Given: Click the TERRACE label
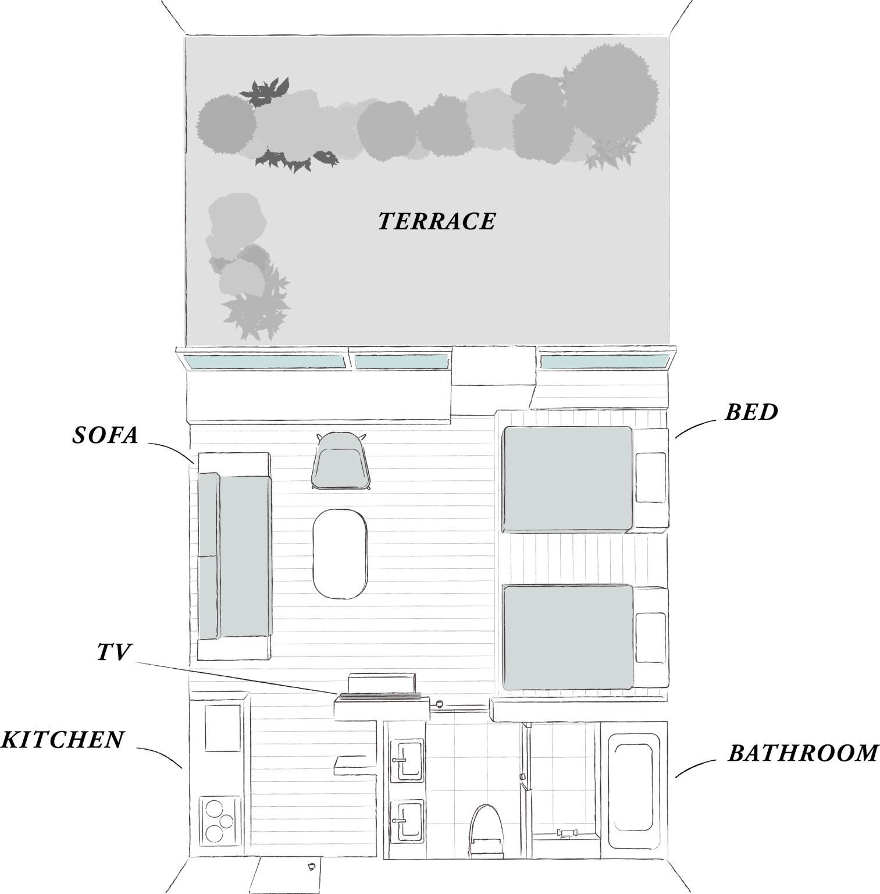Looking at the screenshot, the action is tap(437, 221).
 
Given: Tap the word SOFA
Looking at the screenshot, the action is tap(105, 435).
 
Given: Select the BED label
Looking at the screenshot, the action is tap(751, 412).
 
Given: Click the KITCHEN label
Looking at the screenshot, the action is tap(63, 739).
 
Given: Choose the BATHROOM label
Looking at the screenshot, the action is tap(803, 753).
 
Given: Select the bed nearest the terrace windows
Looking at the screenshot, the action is tap(585, 478).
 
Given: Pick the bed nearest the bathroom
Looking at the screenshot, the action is tap(585, 638).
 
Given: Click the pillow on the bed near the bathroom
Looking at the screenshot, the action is tap(651, 637).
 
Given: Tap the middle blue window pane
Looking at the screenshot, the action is tap(402, 362).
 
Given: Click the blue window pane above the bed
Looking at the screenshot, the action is tap(604, 362).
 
